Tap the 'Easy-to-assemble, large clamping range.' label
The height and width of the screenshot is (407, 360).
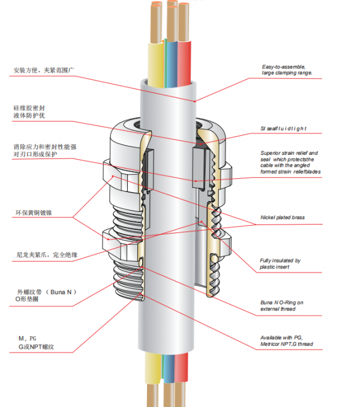click(x=287, y=70)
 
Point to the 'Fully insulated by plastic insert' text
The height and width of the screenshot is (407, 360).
click(x=280, y=264)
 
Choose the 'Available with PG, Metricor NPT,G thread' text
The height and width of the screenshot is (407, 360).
click(x=286, y=341)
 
